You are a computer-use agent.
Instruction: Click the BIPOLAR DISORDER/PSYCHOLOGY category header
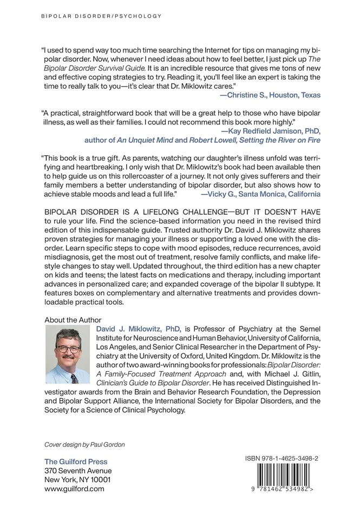click(101, 16)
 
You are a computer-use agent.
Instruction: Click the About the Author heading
click(73, 320)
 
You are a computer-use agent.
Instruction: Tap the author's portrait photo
click(68, 354)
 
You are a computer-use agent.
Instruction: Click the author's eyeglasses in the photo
click(68, 348)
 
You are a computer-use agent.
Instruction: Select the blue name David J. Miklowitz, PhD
click(139, 328)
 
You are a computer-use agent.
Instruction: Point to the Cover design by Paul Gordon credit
click(84, 444)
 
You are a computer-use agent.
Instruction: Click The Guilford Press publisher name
click(76, 462)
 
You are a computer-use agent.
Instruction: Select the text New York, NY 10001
click(78, 480)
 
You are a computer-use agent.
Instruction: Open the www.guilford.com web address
click(74, 489)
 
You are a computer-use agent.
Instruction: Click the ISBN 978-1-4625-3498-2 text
click(281, 458)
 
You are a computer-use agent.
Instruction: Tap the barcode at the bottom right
click(281, 476)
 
